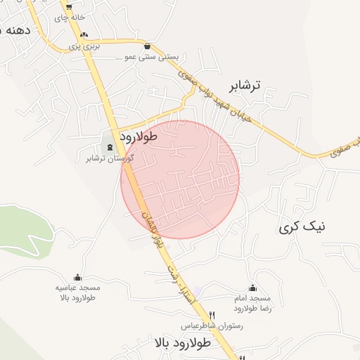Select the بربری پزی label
[85, 46]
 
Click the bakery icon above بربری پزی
[84, 35]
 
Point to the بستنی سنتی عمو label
[148, 56]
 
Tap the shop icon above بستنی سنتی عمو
[147, 46]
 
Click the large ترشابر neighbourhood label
[244, 86]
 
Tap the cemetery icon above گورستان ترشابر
[110, 147]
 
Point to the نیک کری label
[302, 227]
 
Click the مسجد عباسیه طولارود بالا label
[78, 292]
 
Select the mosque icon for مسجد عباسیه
[77, 277]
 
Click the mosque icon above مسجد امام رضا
[252, 288]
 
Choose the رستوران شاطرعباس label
[212, 326]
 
